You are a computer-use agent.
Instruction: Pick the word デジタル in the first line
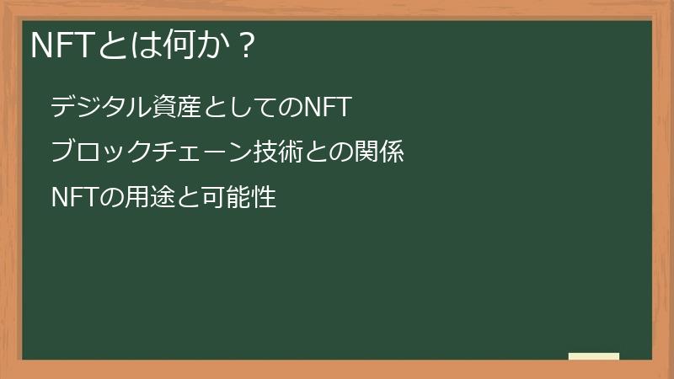[99, 108]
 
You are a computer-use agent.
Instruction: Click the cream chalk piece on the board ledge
[593, 356]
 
